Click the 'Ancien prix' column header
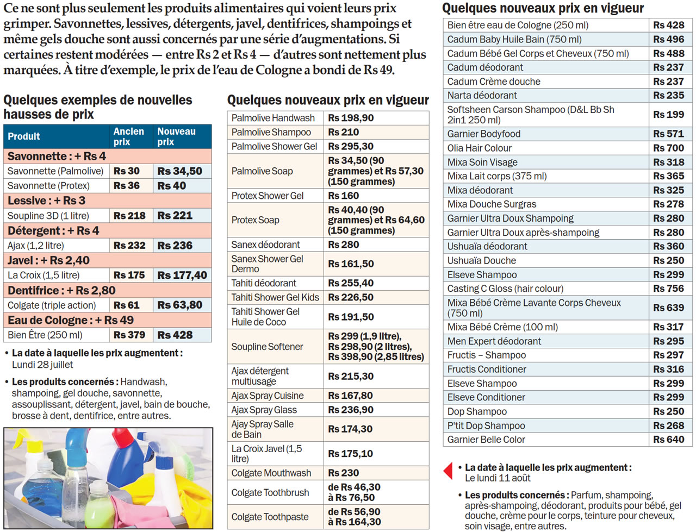(x=129, y=136)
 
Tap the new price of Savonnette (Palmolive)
(x=180, y=171)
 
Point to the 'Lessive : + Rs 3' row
(x=47, y=201)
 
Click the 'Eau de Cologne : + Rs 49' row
(x=71, y=320)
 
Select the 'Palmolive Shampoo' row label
(x=271, y=132)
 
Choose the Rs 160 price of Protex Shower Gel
(x=344, y=196)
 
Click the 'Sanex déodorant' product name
(x=265, y=245)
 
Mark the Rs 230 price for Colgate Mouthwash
(x=344, y=473)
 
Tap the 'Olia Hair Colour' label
(x=479, y=148)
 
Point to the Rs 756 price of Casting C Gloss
(x=669, y=289)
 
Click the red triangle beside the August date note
(x=449, y=471)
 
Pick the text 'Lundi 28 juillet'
(x=42, y=365)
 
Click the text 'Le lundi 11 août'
(x=498, y=478)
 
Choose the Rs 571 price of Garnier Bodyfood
(x=669, y=134)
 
